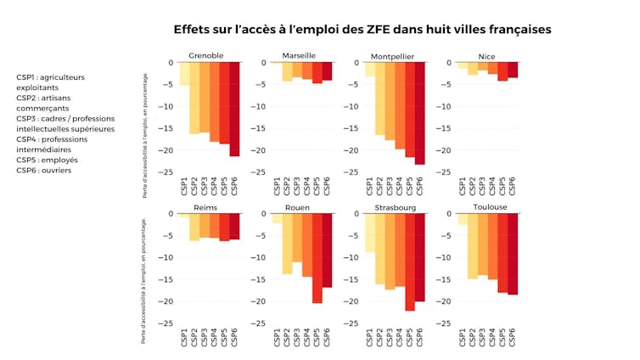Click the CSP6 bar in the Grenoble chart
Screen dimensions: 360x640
(x=234, y=109)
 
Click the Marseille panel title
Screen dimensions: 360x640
(x=299, y=56)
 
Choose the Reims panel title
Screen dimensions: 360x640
(x=205, y=207)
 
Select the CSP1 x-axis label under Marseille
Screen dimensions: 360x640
(x=278, y=185)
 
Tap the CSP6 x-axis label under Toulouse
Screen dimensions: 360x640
(x=513, y=337)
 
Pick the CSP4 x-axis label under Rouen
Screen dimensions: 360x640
(x=307, y=337)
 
